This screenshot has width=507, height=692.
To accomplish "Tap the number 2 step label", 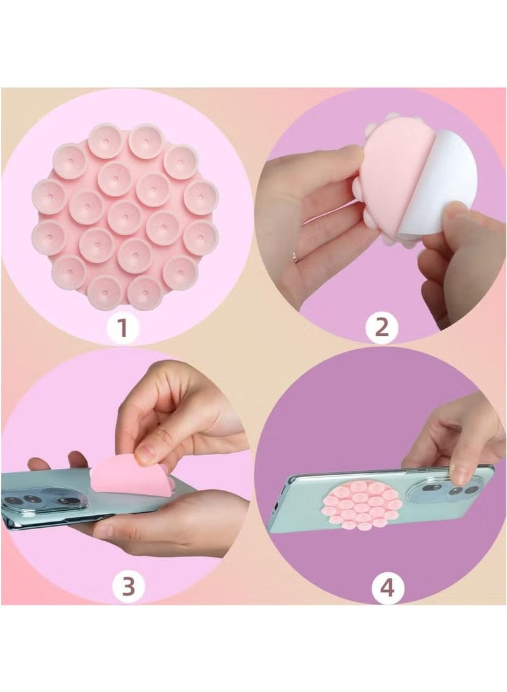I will point(382,328).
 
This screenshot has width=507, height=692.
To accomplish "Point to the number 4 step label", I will point(387,587).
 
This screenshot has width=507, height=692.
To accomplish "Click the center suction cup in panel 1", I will point(124,217).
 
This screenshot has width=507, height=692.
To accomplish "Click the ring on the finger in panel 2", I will point(295,257).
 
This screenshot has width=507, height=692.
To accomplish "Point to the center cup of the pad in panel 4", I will point(361,504).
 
